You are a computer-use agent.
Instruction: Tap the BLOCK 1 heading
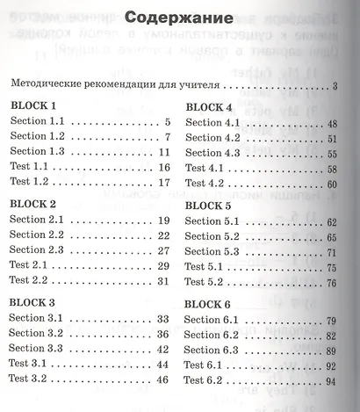coord(33,105)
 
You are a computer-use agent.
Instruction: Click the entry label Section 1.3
coord(39,152)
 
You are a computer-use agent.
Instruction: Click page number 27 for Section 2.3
coord(162,249)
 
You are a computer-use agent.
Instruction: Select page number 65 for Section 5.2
coord(332,236)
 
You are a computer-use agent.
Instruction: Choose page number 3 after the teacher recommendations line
coord(336,85)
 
